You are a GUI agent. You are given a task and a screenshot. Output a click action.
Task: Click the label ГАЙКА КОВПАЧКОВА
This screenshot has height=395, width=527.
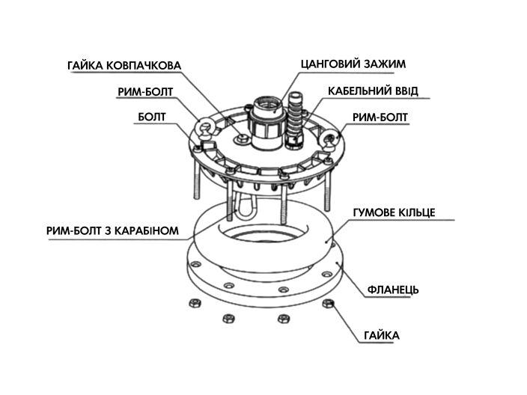pyautogui.click(x=124, y=66)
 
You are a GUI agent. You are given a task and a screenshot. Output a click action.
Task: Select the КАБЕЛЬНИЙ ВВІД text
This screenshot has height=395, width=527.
pyautogui.click(x=373, y=91)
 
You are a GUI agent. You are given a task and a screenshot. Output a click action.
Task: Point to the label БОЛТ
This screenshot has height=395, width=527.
pyautogui.click(x=152, y=117)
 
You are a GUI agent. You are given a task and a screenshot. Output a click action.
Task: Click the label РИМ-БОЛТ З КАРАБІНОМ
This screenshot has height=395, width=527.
pyautogui.click(x=112, y=230)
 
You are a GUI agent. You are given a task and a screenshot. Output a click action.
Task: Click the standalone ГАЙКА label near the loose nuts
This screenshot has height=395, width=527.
pyautogui.click(x=382, y=335)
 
